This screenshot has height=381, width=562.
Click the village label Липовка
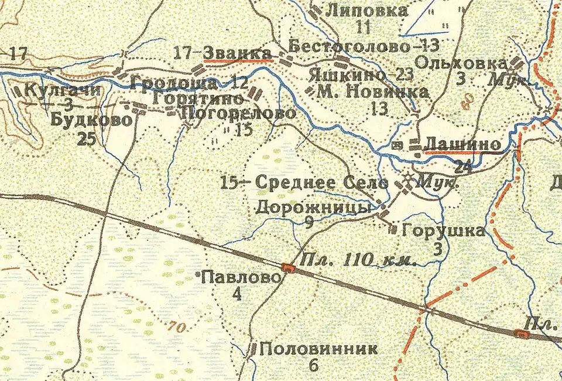[366, 10]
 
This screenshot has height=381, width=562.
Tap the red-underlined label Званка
[238, 52]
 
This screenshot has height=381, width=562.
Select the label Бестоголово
[347, 45]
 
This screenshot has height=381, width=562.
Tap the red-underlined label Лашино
[462, 144]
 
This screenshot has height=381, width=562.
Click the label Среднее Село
[323, 182]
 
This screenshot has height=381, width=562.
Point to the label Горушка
[443, 231]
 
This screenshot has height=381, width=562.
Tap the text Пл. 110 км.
[358, 260]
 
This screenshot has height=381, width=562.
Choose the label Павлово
[241, 278]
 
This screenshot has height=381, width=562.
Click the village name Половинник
[318, 349]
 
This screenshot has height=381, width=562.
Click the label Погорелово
[239, 113]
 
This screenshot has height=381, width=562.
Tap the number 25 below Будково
[86, 139]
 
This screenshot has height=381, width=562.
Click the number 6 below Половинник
[313, 366]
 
